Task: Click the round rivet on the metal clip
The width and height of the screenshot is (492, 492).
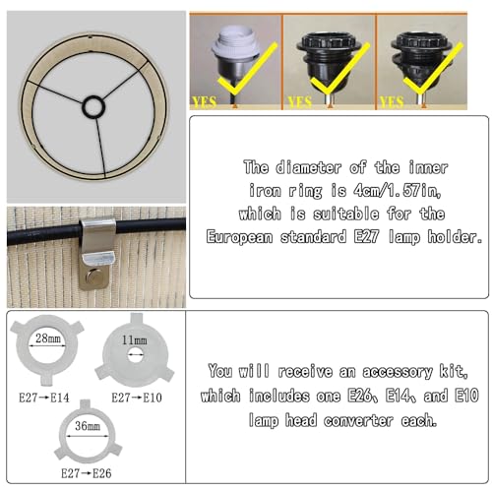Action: [93, 277]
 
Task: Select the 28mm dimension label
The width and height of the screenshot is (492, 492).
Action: [48, 338]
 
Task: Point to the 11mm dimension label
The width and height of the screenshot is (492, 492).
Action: [134, 339]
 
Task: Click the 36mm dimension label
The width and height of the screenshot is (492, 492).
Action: [88, 426]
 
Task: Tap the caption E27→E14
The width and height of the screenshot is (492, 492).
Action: [44, 398]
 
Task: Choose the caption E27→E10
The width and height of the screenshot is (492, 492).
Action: [137, 398]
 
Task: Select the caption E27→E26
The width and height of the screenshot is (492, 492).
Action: [87, 473]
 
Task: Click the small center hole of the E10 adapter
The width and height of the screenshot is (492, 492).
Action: [133, 355]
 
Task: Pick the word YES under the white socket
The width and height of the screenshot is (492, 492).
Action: [204, 102]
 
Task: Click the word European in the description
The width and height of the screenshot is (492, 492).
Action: [239, 237]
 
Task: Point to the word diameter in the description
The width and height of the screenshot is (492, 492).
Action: [308, 167]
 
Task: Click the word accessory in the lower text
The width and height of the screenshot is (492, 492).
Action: [398, 372]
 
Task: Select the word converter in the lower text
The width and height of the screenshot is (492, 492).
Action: [358, 420]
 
